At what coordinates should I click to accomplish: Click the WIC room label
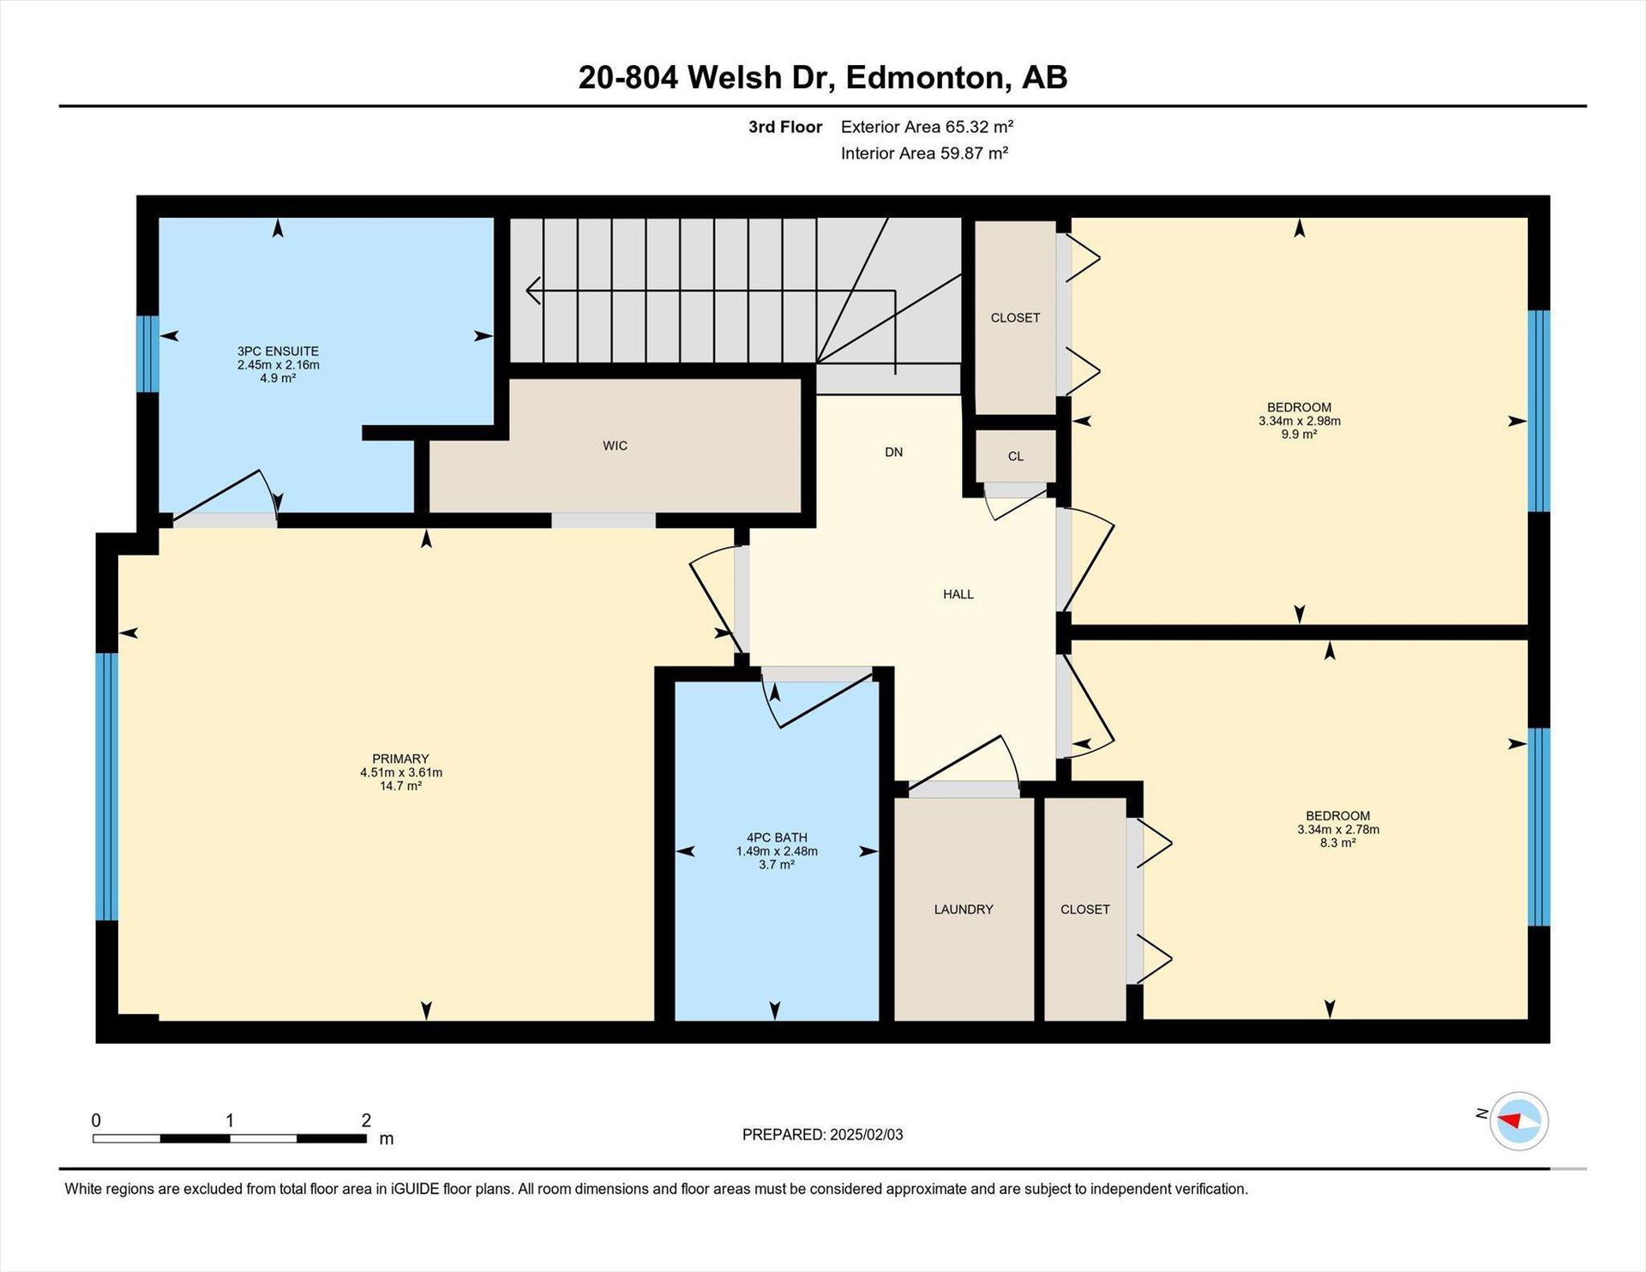pyautogui.click(x=615, y=446)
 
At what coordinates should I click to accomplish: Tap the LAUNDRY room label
pyautogui.click(x=964, y=909)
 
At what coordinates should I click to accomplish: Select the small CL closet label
pyautogui.click(x=1016, y=456)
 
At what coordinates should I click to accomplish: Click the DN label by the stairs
pyautogui.click(x=894, y=452)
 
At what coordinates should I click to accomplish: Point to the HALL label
pyautogui.click(x=958, y=594)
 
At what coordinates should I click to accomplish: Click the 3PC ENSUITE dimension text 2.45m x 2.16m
pyautogui.click(x=279, y=364)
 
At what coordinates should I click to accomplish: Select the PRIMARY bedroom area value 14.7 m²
pyautogui.click(x=400, y=785)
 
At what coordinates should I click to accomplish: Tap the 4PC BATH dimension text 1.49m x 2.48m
pyautogui.click(x=777, y=851)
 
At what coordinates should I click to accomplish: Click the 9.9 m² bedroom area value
pyautogui.click(x=1300, y=434)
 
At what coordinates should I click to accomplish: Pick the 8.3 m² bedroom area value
pyautogui.click(x=1338, y=843)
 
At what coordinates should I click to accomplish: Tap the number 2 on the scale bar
pyautogui.click(x=366, y=1120)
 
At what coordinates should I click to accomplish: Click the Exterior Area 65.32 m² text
pyautogui.click(x=927, y=127)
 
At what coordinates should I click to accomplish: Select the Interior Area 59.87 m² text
pyautogui.click(x=924, y=153)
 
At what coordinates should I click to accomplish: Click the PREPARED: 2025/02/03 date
pyautogui.click(x=823, y=1135)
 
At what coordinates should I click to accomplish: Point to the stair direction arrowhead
pyautogui.click(x=533, y=291)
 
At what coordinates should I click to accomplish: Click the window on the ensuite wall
pyautogui.click(x=148, y=354)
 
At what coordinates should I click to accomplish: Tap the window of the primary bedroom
pyautogui.click(x=106, y=787)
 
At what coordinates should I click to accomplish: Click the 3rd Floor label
pyautogui.click(x=785, y=127)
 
